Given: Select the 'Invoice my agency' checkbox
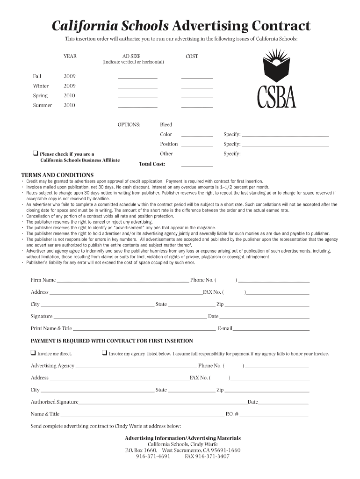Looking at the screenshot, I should point(104,353).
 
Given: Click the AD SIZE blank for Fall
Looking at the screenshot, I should point(137,78).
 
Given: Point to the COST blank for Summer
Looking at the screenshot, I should point(197,107).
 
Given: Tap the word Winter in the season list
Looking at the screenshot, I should point(41,86).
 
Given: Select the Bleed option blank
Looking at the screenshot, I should point(197,126).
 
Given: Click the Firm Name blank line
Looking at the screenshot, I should point(122,282).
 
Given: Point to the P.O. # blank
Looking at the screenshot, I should point(274,415).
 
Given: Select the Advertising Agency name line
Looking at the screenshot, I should point(136,367).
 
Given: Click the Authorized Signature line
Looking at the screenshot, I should point(163,403).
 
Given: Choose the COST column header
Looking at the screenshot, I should point(192,56).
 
